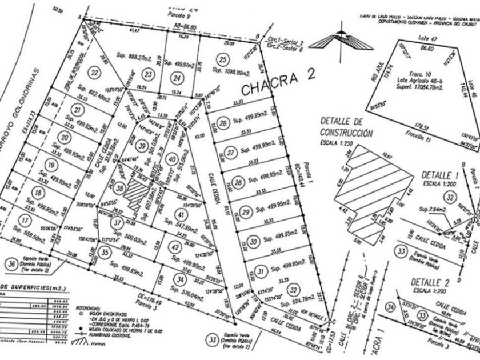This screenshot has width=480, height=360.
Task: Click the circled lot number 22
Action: point(94,73)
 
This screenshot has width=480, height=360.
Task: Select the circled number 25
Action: point(223,59)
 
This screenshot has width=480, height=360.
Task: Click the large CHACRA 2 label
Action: point(278,89)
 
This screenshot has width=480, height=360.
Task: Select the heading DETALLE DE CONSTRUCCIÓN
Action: point(346,127)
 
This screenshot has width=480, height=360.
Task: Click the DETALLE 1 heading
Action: point(439,174)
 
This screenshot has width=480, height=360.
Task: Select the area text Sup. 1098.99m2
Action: point(230,73)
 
